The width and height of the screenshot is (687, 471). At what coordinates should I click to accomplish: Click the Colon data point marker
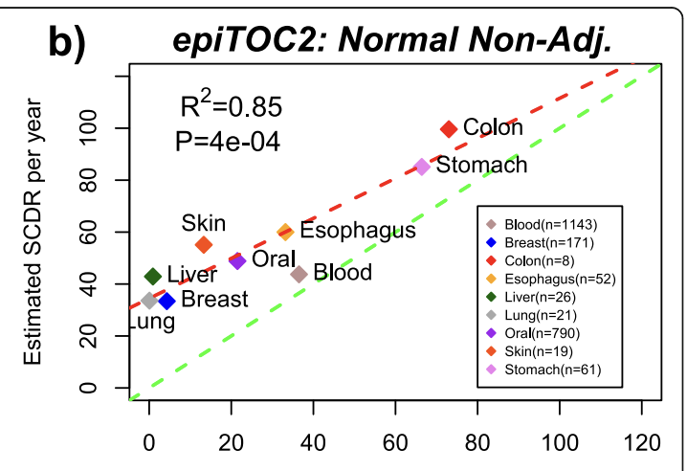(449, 128)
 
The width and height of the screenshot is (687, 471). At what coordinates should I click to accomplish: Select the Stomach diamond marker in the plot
(422, 167)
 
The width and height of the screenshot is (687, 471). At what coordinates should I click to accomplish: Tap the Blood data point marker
(299, 274)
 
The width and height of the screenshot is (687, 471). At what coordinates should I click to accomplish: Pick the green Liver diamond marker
(152, 277)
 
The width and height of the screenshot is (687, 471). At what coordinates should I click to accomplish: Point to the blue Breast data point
(166, 301)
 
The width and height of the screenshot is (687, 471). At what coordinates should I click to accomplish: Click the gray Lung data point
(149, 301)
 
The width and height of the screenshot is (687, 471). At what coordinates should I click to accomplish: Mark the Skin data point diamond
(204, 245)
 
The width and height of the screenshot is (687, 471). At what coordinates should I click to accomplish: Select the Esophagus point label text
(358, 231)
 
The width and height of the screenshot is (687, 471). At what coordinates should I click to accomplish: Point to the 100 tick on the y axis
(100, 128)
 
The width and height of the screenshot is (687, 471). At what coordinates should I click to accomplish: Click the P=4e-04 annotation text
(228, 141)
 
